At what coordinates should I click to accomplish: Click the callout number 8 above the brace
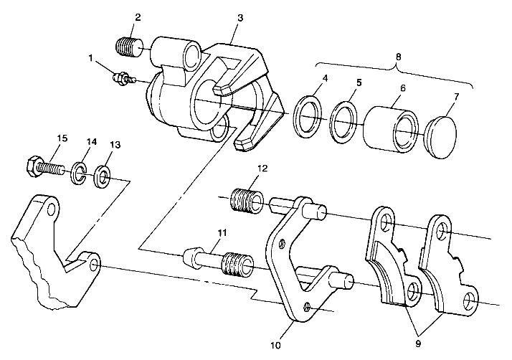click(398, 57)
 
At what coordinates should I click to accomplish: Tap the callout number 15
click(62, 138)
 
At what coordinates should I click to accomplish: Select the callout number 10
click(276, 346)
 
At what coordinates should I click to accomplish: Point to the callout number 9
click(418, 344)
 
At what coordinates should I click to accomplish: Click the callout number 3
click(240, 18)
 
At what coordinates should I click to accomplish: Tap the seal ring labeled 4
click(307, 117)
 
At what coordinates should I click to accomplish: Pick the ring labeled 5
click(343, 123)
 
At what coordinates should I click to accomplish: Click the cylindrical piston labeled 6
click(392, 129)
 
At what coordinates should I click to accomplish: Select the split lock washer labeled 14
click(78, 173)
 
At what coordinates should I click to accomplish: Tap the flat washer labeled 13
click(103, 176)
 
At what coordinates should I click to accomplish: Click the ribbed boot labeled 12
click(247, 200)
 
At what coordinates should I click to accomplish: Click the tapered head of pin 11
click(190, 258)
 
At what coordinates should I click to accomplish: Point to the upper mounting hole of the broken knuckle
click(51, 209)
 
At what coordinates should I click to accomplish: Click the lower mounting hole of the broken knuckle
click(94, 265)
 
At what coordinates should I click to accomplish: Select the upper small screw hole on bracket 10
click(282, 243)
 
